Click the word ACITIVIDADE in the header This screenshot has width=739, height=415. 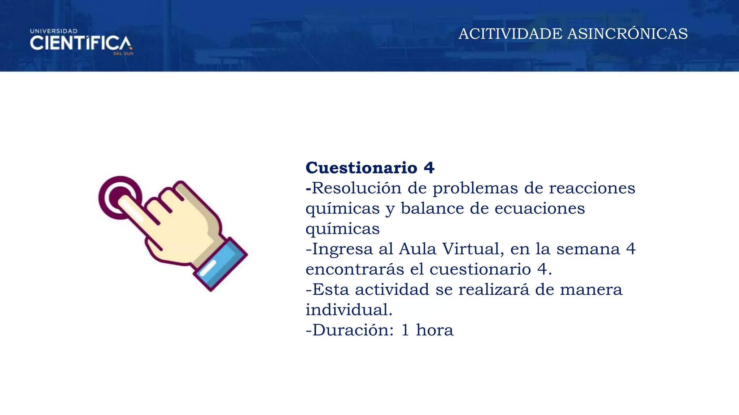pyautogui.click(x=510, y=34)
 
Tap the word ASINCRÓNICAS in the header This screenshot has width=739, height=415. pyautogui.click(x=628, y=34)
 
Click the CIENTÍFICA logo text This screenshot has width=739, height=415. pyautogui.click(x=81, y=43)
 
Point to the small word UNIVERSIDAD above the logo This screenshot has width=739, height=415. pyautogui.click(x=54, y=31)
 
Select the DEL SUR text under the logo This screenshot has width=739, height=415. pyautogui.click(x=123, y=54)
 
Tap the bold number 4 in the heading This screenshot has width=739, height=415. pyautogui.click(x=429, y=168)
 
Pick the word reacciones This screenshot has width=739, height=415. pyautogui.click(x=592, y=188)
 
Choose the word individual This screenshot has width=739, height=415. pyautogui.click(x=349, y=309)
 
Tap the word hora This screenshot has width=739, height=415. pyautogui.click(x=434, y=330)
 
